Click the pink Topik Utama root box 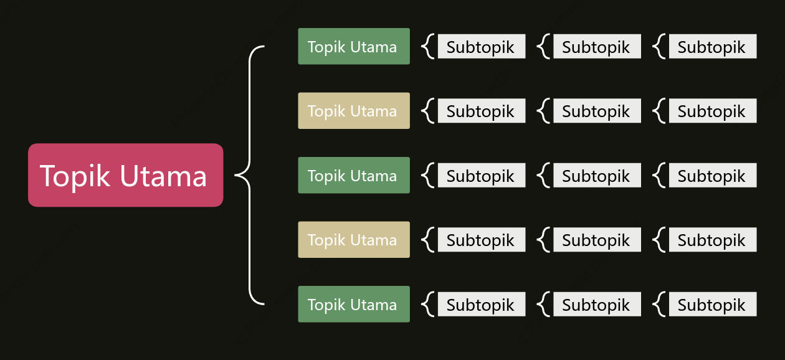pos(126,175)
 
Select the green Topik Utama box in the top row pos(354,46)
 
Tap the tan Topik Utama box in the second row pos(354,111)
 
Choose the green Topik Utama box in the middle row pos(354,175)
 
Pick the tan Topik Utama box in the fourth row pos(354,240)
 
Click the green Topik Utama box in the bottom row pos(354,304)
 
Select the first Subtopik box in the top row pos(482,46)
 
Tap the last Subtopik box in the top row pos(713,46)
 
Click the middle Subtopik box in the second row pos(597,111)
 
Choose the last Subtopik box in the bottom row pos(713,304)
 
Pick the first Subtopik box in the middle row pos(482,175)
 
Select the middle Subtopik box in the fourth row pos(597,240)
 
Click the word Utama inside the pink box pos(163,176)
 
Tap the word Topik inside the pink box pos(75,176)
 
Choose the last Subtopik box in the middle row pos(713,175)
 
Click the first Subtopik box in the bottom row pos(482,304)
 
